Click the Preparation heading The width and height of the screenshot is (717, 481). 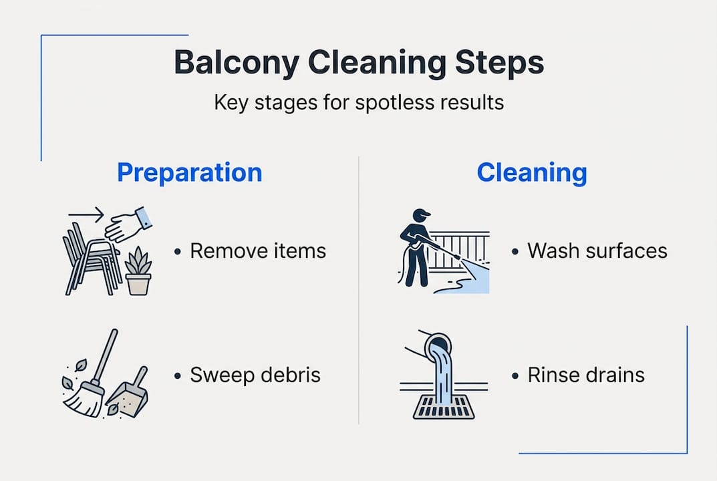190,172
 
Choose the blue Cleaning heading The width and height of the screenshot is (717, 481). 532,172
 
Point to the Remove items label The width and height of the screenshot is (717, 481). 258,251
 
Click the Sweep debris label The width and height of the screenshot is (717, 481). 255,375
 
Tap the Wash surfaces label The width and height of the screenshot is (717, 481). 597,251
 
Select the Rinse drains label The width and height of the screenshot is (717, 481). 586,375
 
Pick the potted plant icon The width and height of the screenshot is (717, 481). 138,272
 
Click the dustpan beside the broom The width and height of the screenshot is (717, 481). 131,393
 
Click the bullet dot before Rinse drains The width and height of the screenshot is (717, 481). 515,375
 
